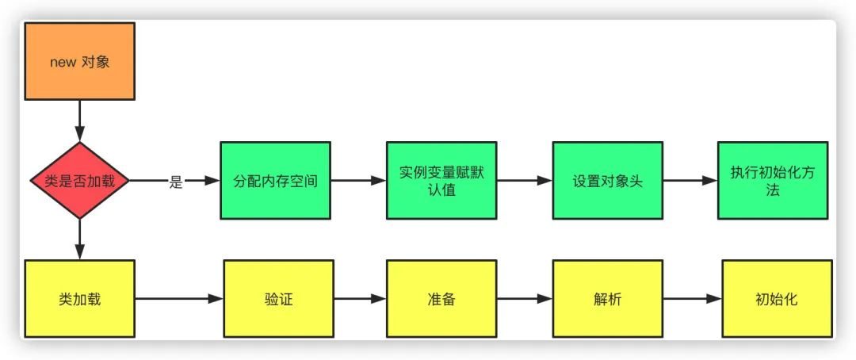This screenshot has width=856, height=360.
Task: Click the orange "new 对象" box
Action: pos(80,61)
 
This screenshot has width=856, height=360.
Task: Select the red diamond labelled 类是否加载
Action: pos(80,180)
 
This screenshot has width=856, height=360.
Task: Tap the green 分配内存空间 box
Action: pos(276,180)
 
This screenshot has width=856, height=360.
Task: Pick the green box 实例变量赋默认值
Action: pos(441,180)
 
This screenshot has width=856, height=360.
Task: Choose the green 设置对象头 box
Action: pos(608,180)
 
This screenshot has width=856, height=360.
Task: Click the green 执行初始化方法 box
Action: pos(773,180)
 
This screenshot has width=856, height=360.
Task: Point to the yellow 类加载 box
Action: pos(80,299)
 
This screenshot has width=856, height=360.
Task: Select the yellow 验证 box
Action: pos(278,299)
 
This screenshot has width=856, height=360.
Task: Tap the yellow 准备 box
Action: pos(441,299)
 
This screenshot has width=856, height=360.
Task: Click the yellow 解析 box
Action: pos(608,299)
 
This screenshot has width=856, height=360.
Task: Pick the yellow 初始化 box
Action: pos(778,299)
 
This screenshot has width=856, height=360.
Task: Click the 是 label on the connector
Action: pos(175,182)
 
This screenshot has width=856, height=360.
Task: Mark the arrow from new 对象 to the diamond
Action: pos(80,121)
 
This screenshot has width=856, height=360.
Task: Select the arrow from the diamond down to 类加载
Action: pos(80,239)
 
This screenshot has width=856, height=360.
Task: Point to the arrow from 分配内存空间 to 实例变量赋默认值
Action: pos(359,180)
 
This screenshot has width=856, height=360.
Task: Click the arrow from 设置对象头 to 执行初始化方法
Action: pos(690,180)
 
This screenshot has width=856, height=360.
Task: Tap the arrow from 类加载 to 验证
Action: pos(179,299)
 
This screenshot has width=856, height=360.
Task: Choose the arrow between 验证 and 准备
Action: pos(361,299)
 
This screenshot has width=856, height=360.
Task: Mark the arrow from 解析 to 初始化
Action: pos(692,299)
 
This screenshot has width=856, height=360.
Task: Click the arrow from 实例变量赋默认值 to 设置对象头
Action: pos(525,180)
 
